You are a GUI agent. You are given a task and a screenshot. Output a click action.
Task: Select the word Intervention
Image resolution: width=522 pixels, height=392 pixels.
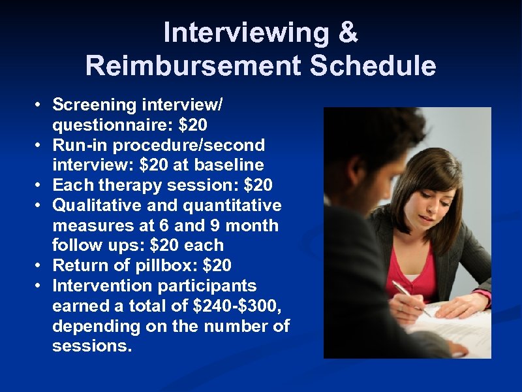tap(102, 286)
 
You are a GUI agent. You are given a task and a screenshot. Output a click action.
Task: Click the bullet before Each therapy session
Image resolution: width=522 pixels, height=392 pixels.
tap(39, 185)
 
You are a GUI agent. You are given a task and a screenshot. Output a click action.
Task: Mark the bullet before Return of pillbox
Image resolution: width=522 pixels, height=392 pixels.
tap(39, 266)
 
